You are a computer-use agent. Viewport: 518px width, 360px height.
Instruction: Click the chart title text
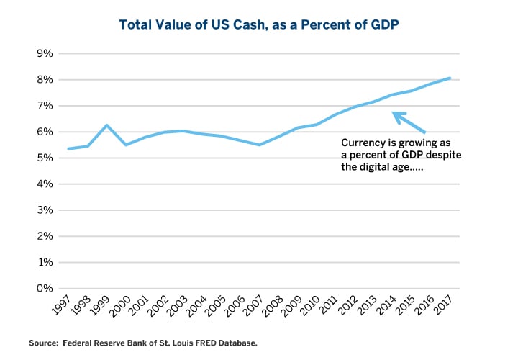259,24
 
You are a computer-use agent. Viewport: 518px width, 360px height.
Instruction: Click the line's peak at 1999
106,125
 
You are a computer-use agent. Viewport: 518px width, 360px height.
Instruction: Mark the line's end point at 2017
450,78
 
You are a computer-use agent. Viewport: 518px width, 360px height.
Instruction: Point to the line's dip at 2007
259,145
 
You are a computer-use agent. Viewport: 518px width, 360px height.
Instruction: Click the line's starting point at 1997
68,149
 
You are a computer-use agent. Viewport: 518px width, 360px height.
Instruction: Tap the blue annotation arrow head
395,114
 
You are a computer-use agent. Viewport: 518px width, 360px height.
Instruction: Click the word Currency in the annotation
362,143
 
